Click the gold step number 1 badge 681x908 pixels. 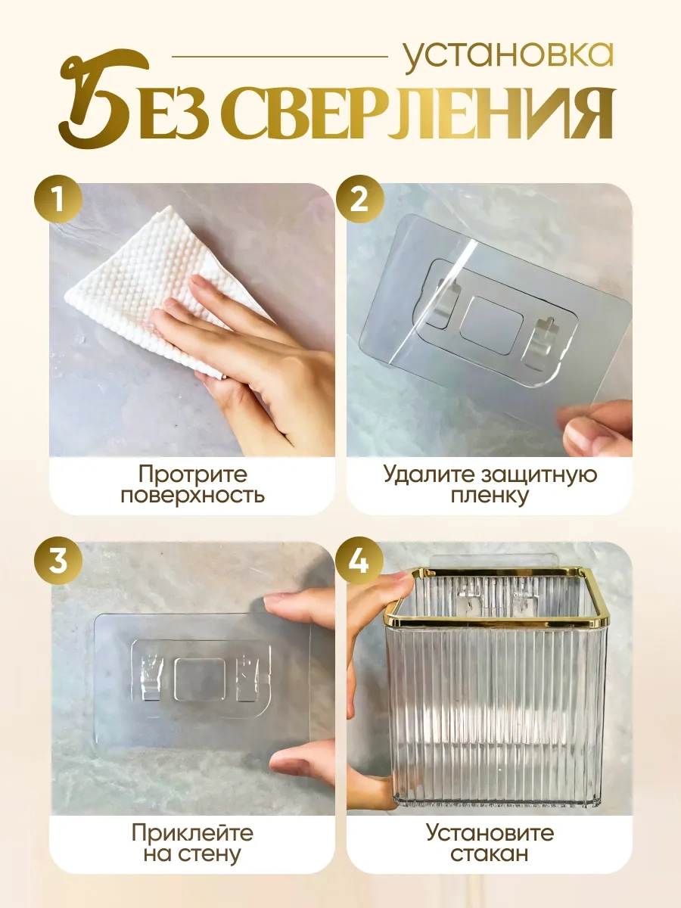pyautogui.click(x=58, y=200)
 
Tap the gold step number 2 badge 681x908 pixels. pyautogui.click(x=359, y=200)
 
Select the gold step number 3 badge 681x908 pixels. pyautogui.click(x=58, y=561)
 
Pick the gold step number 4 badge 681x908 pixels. pyautogui.click(x=359, y=561)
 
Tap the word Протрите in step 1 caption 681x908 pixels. pyautogui.click(x=193, y=474)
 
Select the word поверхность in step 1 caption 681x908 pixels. pyautogui.click(x=193, y=495)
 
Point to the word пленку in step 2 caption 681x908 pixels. pyautogui.click(x=490, y=495)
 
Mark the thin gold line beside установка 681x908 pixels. pyautogui.click(x=280, y=56)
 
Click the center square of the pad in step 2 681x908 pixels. pyautogui.click(x=492, y=325)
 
